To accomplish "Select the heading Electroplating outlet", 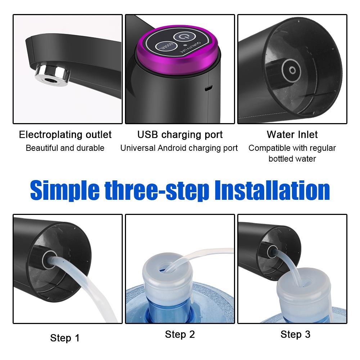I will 65,135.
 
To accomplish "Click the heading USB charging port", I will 180,135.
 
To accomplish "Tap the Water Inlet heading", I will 292,135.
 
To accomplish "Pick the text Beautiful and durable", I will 65,148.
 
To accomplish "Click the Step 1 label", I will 65,338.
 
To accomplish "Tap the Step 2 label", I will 180,334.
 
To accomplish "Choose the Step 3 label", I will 295,334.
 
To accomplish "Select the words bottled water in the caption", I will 292,159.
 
